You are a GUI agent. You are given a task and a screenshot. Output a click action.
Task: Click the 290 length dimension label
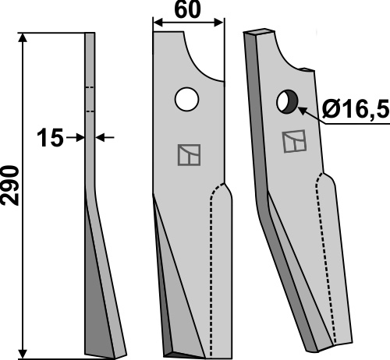[x=10, y=185]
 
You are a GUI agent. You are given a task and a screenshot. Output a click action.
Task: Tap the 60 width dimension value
[x=188, y=10]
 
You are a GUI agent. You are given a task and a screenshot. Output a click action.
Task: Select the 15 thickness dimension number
[x=50, y=137]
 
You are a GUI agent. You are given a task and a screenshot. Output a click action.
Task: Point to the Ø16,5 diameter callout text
[x=356, y=108]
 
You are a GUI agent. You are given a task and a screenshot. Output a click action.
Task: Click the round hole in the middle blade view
[x=187, y=99]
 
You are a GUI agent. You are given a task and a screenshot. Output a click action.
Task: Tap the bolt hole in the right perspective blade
[x=287, y=101]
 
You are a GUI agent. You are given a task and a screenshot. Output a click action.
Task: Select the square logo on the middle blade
[x=189, y=155]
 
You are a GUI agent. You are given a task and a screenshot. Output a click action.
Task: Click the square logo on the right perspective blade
[x=294, y=141]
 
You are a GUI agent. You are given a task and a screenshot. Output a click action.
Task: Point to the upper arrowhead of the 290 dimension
[x=23, y=38]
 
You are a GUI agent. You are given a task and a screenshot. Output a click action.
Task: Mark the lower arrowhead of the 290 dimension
[x=23, y=354]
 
